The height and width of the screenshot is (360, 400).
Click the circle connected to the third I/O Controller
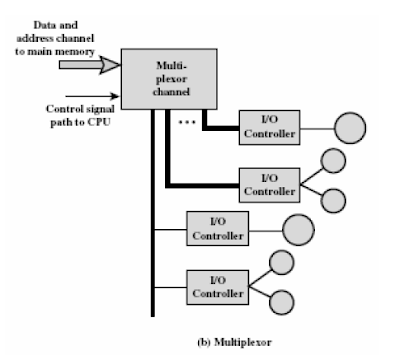click(x=299, y=229)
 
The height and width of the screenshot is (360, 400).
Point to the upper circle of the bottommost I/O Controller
click(x=282, y=263)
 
